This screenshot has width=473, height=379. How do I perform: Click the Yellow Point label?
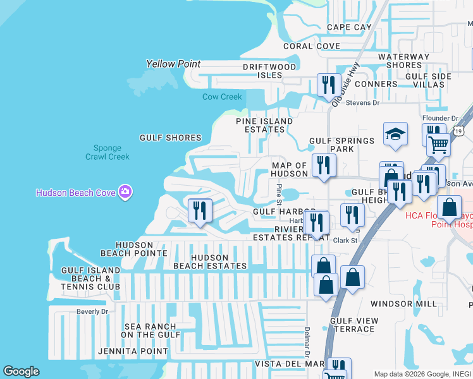pyautogui.click(x=173, y=64)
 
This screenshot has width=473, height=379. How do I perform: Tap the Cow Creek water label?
pyautogui.click(x=222, y=97)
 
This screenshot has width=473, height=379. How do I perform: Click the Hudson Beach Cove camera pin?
pyautogui.click(x=125, y=191)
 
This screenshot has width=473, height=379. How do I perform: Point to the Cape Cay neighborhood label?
pyautogui.click(x=349, y=27)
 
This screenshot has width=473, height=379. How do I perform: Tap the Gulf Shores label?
pyautogui.click(x=170, y=138)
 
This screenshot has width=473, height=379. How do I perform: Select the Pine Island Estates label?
pyautogui.click(x=264, y=125)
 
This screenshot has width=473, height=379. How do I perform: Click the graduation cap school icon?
pyautogui.click(x=395, y=134)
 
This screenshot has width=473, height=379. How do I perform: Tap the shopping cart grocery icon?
pyautogui.click(x=438, y=145)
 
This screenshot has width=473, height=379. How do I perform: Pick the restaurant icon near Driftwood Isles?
pyautogui.click(x=328, y=85)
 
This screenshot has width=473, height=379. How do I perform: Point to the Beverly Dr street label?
pyautogui.click(x=92, y=311)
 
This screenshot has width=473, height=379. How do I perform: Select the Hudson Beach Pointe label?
pyautogui.click(x=142, y=249)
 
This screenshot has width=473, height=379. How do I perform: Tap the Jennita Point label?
pyautogui.click(x=133, y=351)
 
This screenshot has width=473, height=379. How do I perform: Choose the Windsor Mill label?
pyautogui.click(x=403, y=304)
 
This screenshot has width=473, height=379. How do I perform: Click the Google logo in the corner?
pyautogui.click(x=21, y=371)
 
